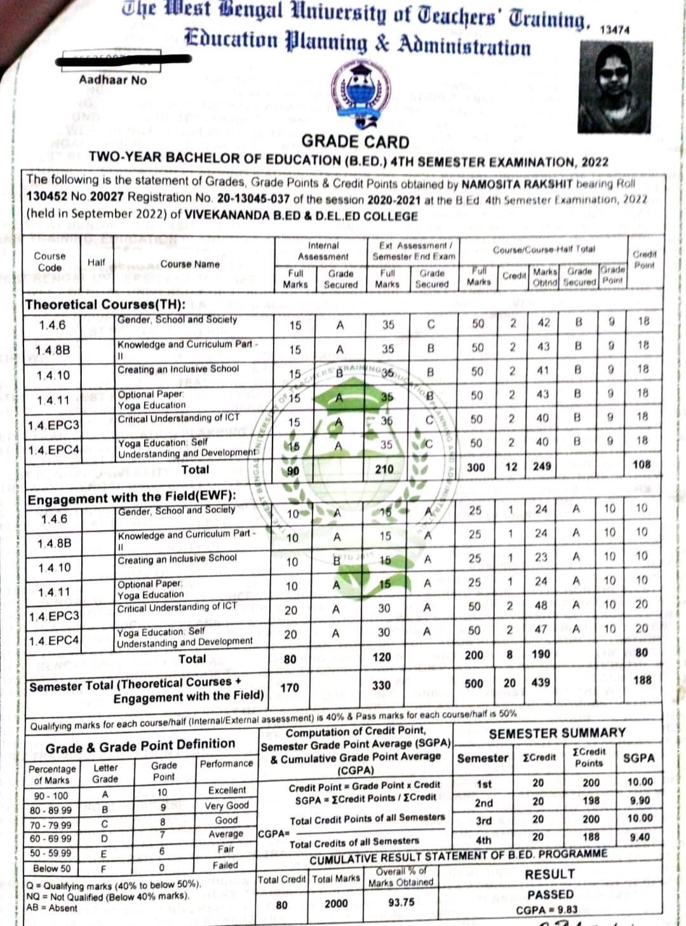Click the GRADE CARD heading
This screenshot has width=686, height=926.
pyautogui.click(x=355, y=141)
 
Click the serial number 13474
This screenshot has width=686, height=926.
pyautogui.click(x=614, y=30)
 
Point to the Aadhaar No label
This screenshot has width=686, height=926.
pyautogui.click(x=112, y=80)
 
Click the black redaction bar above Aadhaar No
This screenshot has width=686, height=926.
pyautogui.click(x=123, y=60)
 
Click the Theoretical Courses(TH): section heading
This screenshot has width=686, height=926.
pyautogui.click(x=105, y=304)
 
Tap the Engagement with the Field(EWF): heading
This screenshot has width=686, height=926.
pyautogui.click(x=131, y=498)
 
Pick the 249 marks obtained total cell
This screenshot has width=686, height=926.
pyautogui.click(x=542, y=466)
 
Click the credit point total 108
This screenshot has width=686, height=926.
pyautogui.click(x=642, y=465)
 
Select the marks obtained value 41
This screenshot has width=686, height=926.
pyautogui.click(x=542, y=371)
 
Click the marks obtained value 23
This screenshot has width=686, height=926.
pyautogui.click(x=541, y=557)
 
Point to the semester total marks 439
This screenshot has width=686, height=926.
pyautogui.click(x=541, y=682)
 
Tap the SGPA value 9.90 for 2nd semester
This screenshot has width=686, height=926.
pyautogui.click(x=639, y=801)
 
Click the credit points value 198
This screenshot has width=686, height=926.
pyautogui.click(x=591, y=801)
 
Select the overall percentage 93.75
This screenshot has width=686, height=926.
pyautogui.click(x=401, y=902)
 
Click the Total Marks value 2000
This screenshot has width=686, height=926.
pyautogui.click(x=336, y=904)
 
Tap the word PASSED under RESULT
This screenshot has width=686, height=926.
pyautogui.click(x=550, y=894)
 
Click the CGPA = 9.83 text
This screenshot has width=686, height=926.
pyautogui.click(x=546, y=909)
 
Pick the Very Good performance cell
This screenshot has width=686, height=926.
pyautogui.click(x=226, y=805)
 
